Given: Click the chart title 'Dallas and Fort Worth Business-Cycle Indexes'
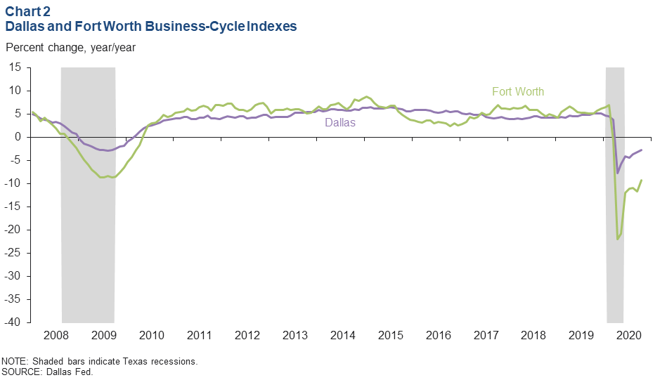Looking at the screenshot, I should tap(151, 27).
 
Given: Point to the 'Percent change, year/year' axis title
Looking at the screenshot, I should tap(70, 48).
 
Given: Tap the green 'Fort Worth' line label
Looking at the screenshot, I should tap(517, 91).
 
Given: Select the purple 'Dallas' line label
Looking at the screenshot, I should tap(339, 122).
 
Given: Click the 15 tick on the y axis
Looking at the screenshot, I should tap(16, 67).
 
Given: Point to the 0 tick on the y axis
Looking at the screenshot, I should tap(19, 137).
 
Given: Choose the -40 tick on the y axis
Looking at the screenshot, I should tap(13, 322).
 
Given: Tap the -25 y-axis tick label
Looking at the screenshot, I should tap(13, 253).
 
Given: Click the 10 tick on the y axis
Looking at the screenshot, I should tap(16, 91).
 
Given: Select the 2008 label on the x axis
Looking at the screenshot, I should tap(56, 335).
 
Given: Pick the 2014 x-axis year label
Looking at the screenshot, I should tap(342, 335).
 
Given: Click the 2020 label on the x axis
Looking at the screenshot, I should tap(628, 335).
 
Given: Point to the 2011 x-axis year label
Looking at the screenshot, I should tap(199, 335).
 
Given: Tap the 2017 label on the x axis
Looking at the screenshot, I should tap(485, 335).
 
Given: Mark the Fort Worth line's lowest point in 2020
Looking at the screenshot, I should tap(617, 240).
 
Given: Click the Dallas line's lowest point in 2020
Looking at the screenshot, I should tap(617, 173).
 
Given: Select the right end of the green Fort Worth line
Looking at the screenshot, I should tap(641, 181).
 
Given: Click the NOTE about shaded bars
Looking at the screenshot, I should tap(100, 362).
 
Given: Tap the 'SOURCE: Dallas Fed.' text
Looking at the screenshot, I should tap(47, 372).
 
